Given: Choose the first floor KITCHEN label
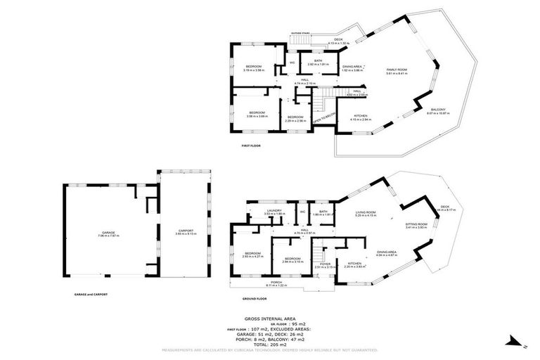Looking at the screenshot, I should click(360, 115).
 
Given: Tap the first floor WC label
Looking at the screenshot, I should click(292, 63).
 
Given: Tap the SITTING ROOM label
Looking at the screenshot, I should click(416, 224).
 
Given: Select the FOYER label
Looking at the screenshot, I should click(325, 264).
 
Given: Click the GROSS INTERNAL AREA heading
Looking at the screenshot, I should click(270, 319).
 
